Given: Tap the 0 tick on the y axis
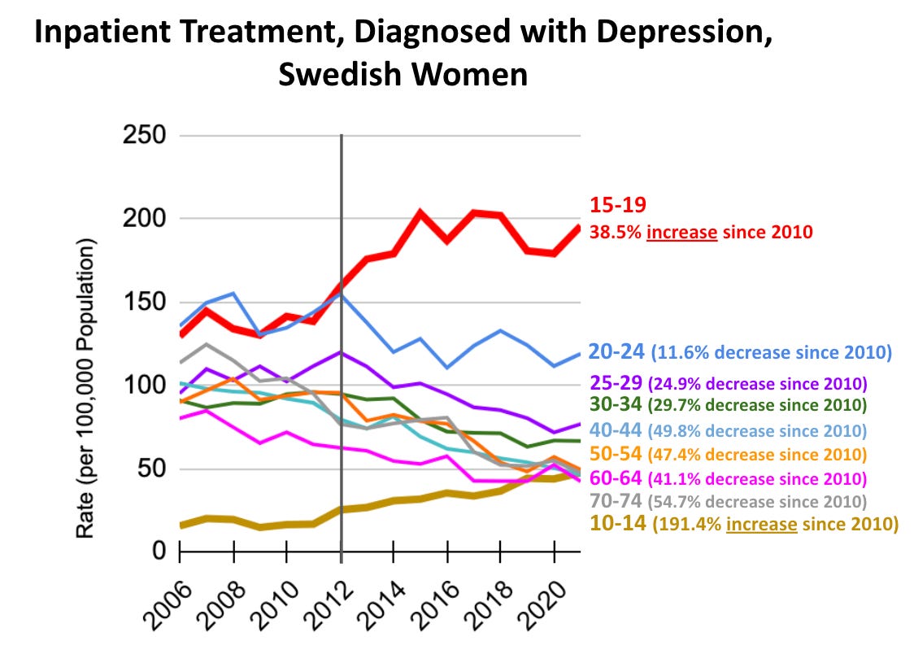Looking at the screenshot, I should pyautogui.click(x=160, y=552).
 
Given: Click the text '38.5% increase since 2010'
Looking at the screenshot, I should pyautogui.click(x=701, y=232).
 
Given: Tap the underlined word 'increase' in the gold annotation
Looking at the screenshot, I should pyautogui.click(x=761, y=525).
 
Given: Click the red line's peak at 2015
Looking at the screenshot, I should pyautogui.click(x=420, y=214).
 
